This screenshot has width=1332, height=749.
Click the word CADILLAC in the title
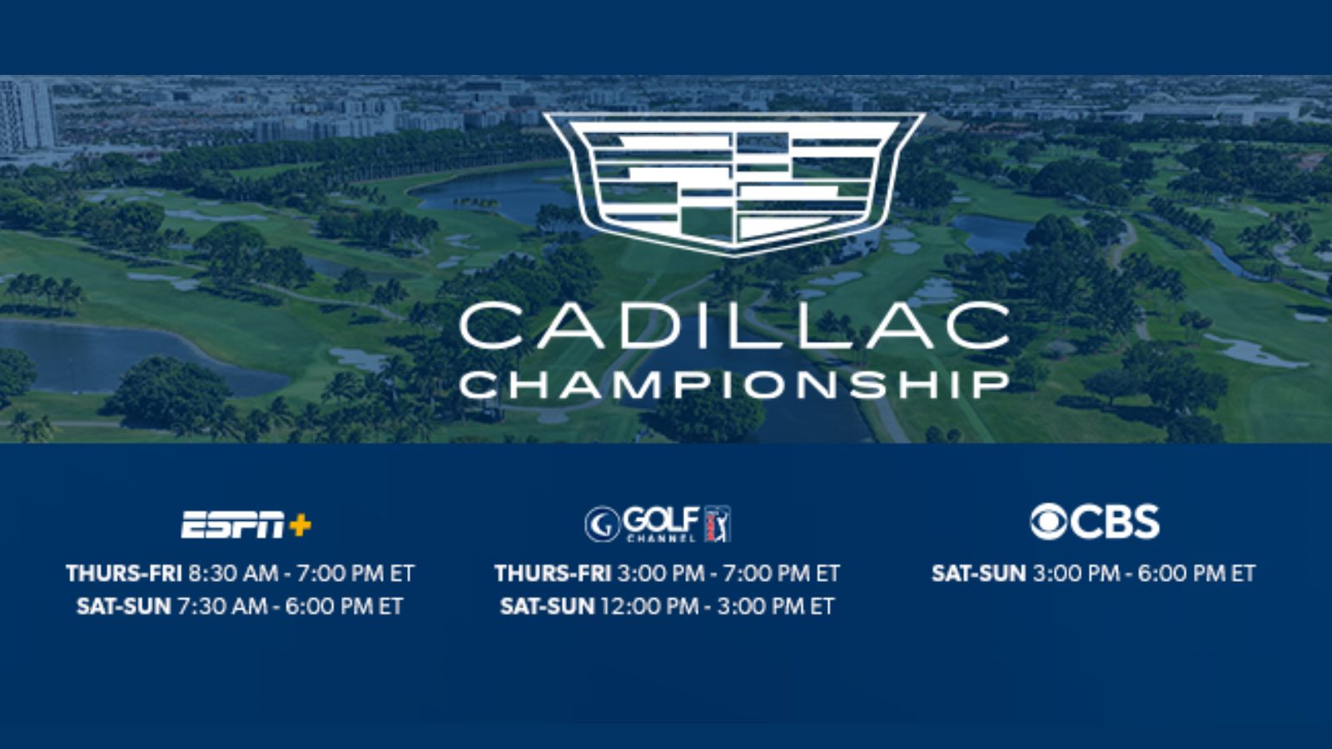[734, 325]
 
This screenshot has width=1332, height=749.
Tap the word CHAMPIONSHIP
[734, 385]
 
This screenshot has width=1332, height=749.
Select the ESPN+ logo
[246, 524]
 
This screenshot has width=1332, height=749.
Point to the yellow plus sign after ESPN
[301, 525]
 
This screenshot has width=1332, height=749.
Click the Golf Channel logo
[658, 523]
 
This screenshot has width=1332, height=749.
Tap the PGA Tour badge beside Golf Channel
[718, 523]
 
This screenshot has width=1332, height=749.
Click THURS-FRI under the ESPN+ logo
[124, 573]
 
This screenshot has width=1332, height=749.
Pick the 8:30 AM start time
[234, 573]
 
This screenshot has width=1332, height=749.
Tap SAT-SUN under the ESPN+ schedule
[124, 607]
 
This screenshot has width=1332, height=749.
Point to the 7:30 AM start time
[222, 607]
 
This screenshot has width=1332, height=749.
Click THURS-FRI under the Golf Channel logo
[553, 573]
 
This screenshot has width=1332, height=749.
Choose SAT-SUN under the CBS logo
[979, 573]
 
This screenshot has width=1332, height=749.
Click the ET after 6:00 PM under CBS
[1243, 573]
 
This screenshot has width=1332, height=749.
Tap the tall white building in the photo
[27, 115]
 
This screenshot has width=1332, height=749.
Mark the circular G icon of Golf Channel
[603, 524]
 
